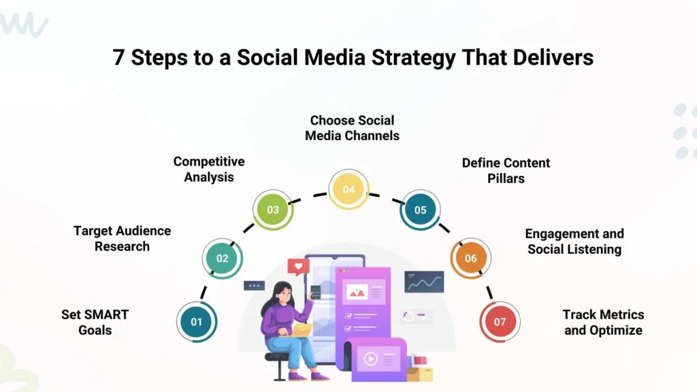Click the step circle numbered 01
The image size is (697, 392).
coord(197,321)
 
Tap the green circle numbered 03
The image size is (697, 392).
coord(273,210)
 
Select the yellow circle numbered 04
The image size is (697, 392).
coord(348,189)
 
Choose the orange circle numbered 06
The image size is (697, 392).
coord(470,259)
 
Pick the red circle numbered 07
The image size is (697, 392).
coord(500,321)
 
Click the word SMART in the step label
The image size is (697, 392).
coord(104,314)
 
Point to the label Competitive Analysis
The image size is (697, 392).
coord(209,169)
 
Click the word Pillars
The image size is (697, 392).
coord(506,178)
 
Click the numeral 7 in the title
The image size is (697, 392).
coord(119,58)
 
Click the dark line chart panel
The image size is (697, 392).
coord(424,281)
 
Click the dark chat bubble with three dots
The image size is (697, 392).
coord(254,286)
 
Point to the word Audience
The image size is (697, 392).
coord(144,231)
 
